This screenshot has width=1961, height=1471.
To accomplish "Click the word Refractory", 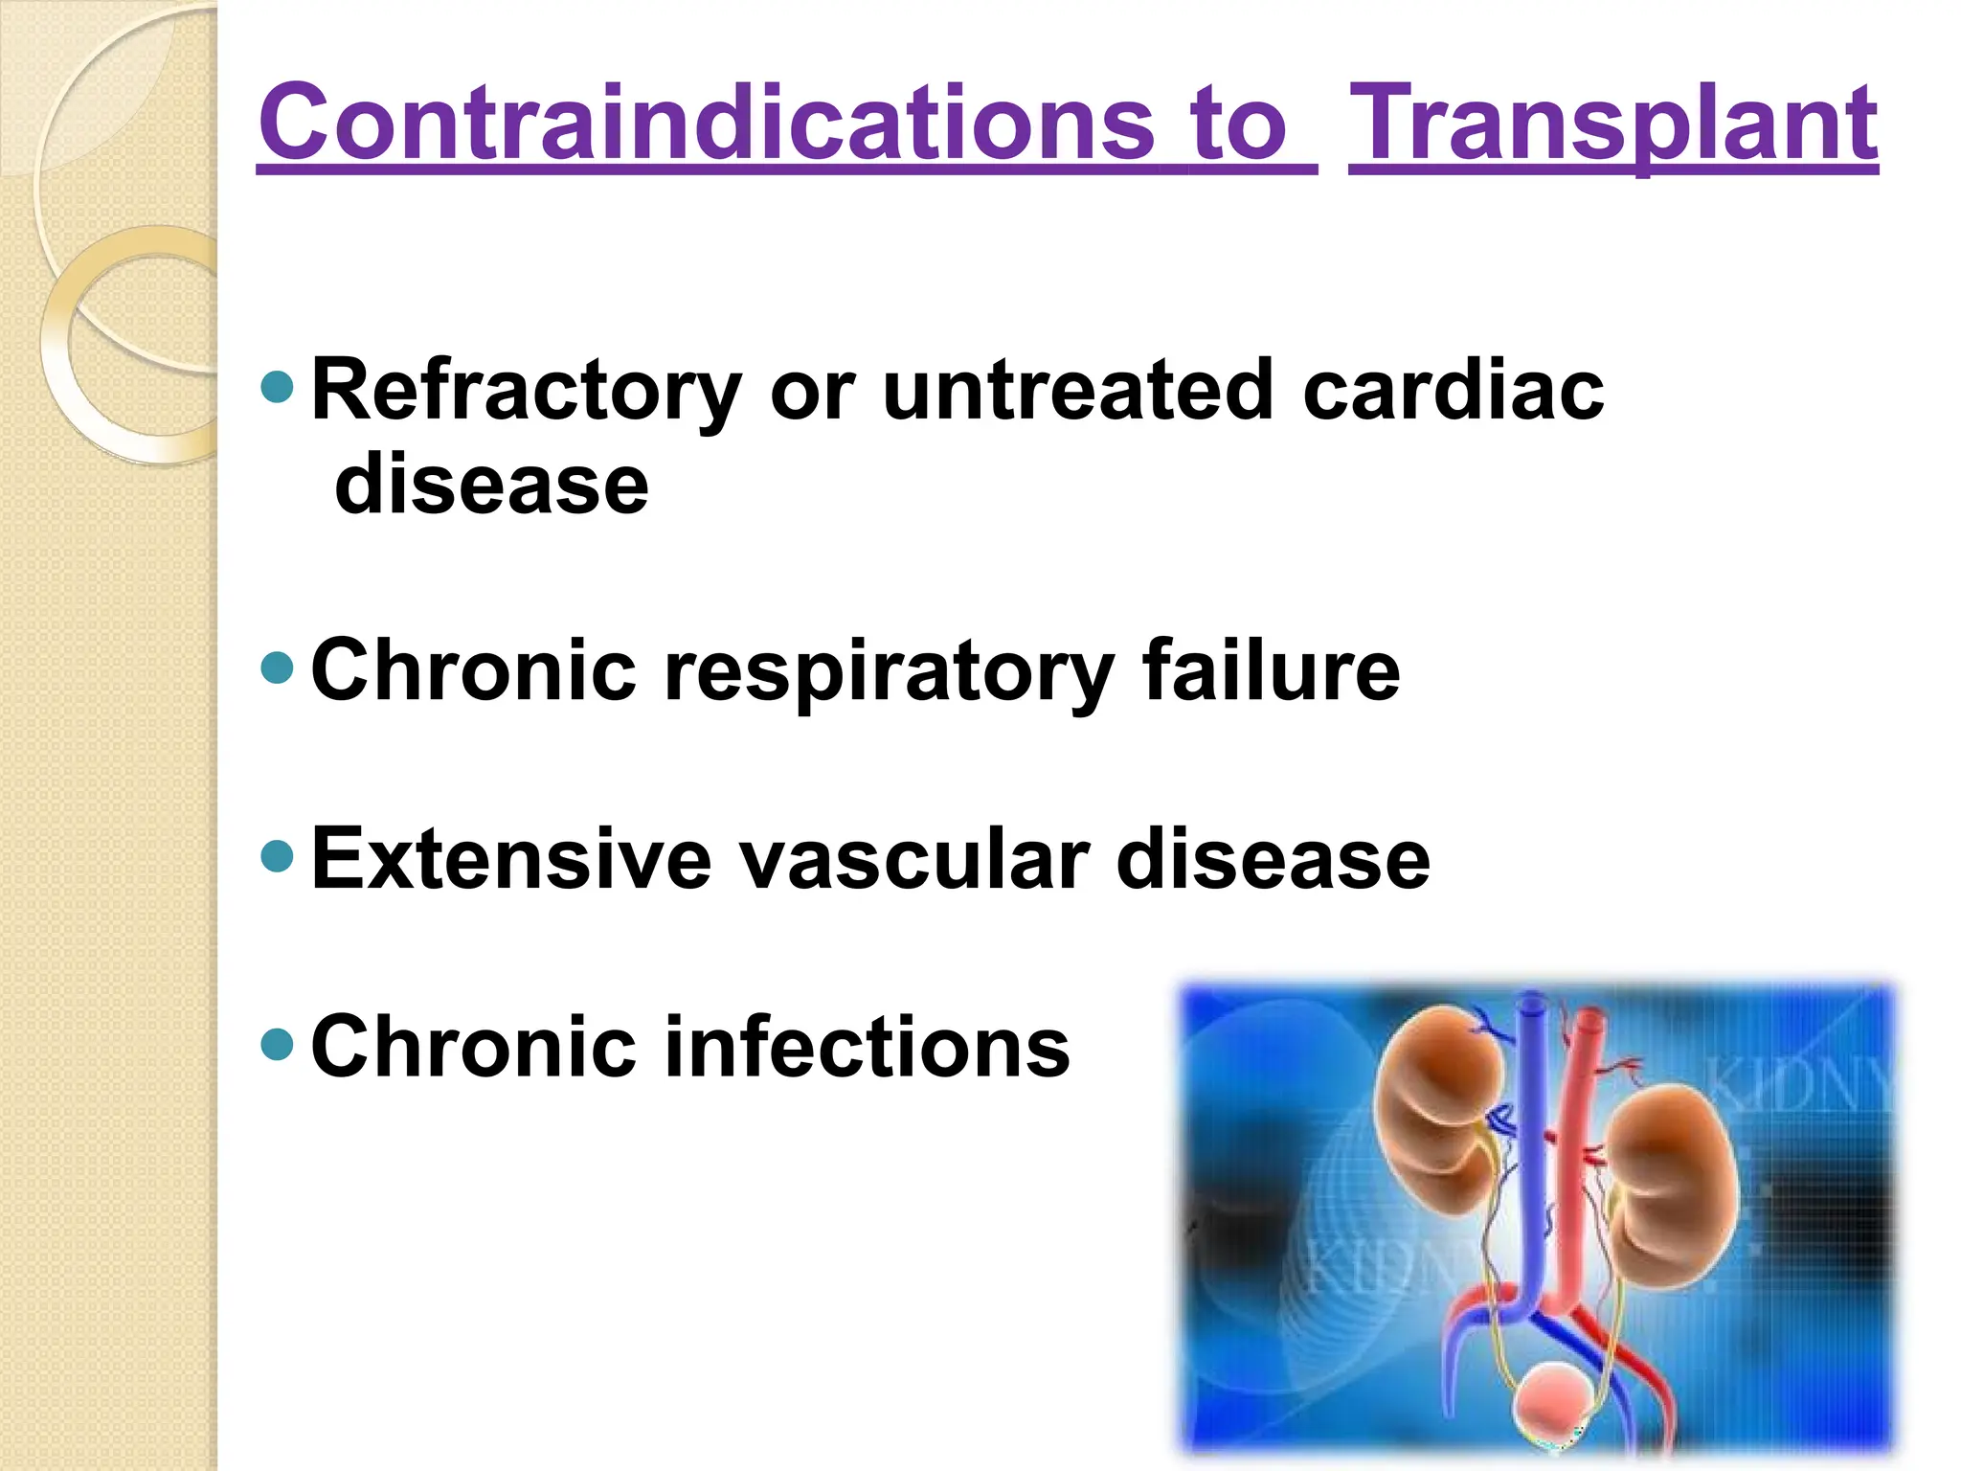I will (527, 390).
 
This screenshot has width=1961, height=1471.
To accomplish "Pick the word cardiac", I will (1453, 390).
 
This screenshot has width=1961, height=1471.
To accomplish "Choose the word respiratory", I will (889, 671).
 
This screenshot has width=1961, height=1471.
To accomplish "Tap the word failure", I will (1271, 669).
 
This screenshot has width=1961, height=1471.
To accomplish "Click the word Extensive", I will (511, 859).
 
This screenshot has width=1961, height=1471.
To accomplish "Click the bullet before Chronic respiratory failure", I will (277, 668).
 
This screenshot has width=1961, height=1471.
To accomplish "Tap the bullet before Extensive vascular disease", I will (277, 855).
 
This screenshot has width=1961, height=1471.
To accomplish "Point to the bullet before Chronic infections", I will (277, 1043).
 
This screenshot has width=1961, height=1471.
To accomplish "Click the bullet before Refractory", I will (277, 386).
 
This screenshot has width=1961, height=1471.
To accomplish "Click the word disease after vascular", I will (1273, 859).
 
